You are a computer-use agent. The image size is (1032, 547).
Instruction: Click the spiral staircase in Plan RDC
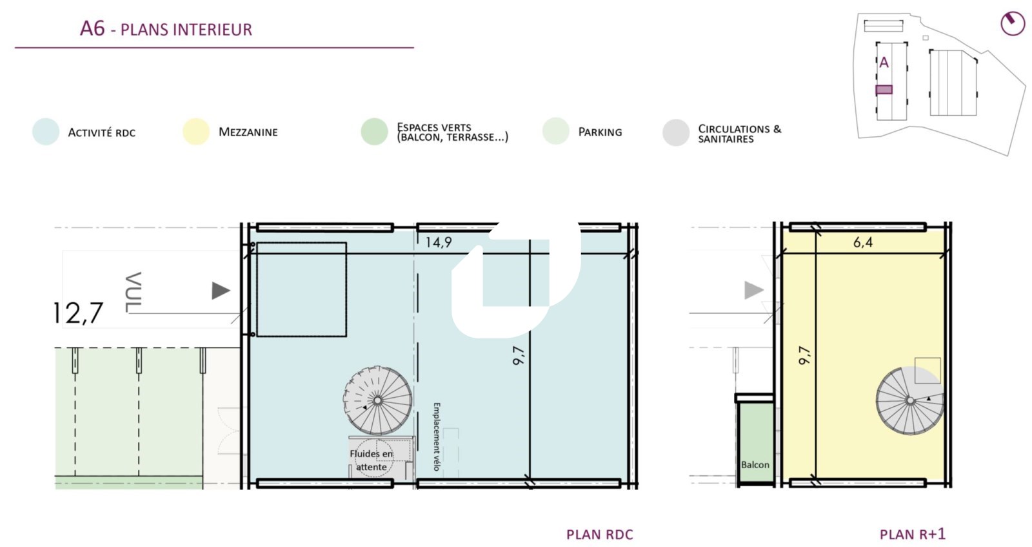click(x=377, y=400)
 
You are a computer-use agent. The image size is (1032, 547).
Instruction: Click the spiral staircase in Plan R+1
click(x=910, y=400)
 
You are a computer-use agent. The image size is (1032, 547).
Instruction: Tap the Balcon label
click(x=755, y=464)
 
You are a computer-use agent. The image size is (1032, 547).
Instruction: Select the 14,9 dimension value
click(x=438, y=242)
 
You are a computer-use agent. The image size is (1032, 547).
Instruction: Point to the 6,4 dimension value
click(x=863, y=242)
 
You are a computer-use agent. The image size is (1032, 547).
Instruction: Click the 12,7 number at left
click(x=78, y=313)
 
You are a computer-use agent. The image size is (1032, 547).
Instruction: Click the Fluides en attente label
click(x=372, y=460)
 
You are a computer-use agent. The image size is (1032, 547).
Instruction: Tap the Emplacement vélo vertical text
click(x=436, y=437)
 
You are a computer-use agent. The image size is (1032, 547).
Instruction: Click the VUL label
click(x=133, y=292)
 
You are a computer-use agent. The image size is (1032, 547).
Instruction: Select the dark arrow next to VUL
click(x=221, y=291)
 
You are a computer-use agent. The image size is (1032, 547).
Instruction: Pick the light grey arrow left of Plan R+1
click(x=754, y=291)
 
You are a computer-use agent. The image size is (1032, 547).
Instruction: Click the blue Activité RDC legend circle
click(x=46, y=132)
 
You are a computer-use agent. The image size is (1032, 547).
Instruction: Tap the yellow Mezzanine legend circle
click(x=196, y=132)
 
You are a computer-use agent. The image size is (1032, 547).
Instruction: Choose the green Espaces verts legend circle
click(x=374, y=132)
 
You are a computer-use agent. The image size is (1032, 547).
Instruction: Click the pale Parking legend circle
click(x=555, y=132)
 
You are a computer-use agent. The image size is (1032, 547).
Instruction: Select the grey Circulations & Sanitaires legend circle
click(x=676, y=132)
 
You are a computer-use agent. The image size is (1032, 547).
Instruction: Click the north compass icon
click(x=1013, y=23)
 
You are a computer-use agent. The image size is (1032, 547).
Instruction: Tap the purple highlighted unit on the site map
click(x=884, y=90)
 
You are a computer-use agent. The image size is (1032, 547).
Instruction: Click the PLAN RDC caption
click(x=599, y=535)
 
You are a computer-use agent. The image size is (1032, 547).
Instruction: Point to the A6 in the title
click(x=93, y=28)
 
